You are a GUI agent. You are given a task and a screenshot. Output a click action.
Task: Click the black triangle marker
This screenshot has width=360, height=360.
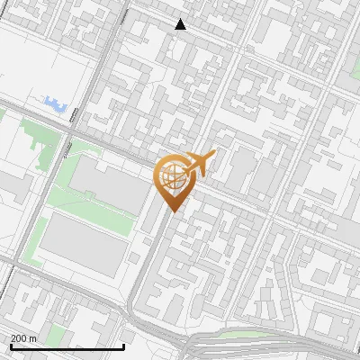click(181, 24)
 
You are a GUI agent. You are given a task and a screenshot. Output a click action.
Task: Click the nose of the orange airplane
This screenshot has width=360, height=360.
click(214, 155)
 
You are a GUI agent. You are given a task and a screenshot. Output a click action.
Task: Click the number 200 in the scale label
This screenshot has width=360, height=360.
click(20, 338)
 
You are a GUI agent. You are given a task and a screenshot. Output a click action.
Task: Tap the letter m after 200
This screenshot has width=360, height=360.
click(33, 338)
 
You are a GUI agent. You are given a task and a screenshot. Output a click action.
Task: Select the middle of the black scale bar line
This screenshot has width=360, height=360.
click(67, 346)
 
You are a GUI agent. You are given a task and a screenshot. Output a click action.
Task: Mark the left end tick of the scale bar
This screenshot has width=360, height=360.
click(10, 346)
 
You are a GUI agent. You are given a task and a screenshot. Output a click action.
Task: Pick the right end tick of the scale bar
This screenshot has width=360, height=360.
click(123, 346)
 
